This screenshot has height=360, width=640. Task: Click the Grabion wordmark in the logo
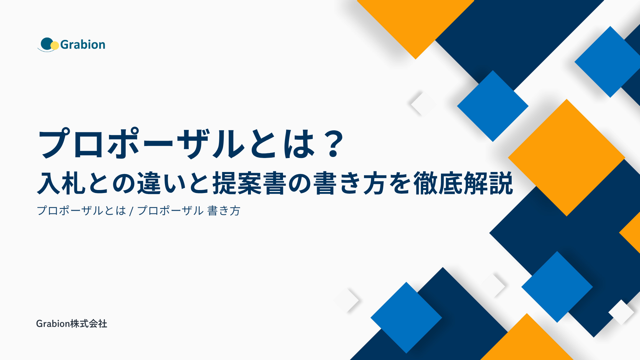point(83,45)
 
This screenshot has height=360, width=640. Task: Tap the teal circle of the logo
point(47,44)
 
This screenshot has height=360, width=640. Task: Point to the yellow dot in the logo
point(55,45)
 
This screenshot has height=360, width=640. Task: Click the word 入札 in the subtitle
point(61,183)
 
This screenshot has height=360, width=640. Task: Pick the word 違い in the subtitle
point(162,183)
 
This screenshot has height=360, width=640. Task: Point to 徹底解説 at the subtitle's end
point(463,183)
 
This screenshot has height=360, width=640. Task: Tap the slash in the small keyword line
point(131,211)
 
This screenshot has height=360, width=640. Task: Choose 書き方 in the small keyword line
point(224,211)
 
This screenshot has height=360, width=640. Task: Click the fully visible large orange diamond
point(566,158)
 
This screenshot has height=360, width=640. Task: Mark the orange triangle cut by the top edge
point(415,23)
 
